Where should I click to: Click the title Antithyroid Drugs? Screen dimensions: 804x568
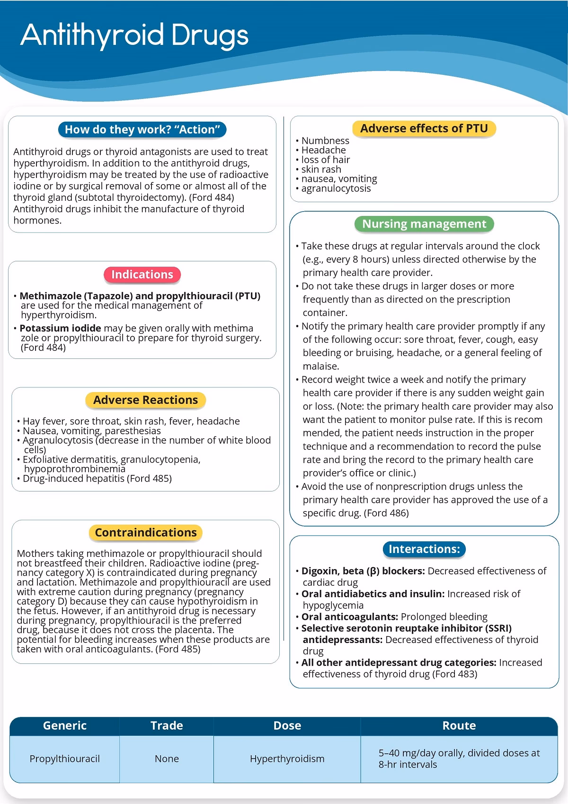click(x=134, y=36)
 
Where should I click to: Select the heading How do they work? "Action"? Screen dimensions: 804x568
click(x=142, y=130)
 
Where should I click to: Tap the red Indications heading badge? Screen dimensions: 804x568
click(x=142, y=275)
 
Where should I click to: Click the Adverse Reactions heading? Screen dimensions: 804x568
click(x=145, y=400)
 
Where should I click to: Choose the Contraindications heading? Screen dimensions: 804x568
click(x=145, y=533)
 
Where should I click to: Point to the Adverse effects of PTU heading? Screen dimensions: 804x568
click(x=424, y=129)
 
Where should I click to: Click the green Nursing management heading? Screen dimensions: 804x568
click(x=424, y=224)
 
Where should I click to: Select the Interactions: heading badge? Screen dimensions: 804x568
click(x=424, y=549)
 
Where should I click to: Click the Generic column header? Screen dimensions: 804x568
click(x=65, y=726)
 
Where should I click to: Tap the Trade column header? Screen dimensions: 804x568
click(x=167, y=726)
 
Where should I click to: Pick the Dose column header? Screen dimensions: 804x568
click(x=287, y=726)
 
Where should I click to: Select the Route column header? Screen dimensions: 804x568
click(x=459, y=726)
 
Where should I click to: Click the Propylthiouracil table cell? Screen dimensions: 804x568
click(x=65, y=759)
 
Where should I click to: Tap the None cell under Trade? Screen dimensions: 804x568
click(x=167, y=759)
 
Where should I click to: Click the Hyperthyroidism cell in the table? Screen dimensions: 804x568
click(x=287, y=759)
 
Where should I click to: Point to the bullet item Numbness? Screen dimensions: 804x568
click(x=325, y=141)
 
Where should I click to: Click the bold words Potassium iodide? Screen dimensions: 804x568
click(x=60, y=328)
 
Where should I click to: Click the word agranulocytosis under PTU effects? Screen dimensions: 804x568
click(x=336, y=188)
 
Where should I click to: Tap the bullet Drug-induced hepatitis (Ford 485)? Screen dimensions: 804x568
click(x=97, y=479)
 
